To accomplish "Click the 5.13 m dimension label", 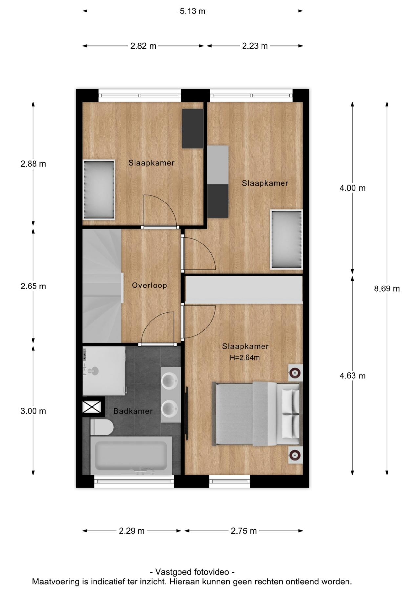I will [x=192, y=11].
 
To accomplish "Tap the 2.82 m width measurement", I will [x=143, y=46].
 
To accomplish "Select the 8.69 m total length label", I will [x=387, y=289].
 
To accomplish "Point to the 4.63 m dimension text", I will [x=352, y=376].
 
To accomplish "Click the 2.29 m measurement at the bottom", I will [x=132, y=531].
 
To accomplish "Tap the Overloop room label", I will [x=149, y=286].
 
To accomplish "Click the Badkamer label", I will [x=133, y=411].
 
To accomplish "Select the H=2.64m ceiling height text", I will [x=245, y=358].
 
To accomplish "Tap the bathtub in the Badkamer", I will [x=131, y=456].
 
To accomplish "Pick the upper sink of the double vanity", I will [x=171, y=382].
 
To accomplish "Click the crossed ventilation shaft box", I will [x=92, y=407].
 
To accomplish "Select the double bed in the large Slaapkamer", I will [x=258, y=414].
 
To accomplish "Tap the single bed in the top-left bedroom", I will [x=99, y=189].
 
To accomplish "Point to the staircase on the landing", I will [x=102, y=286].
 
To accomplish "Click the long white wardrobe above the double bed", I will [x=243, y=289].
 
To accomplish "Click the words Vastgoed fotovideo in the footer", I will [x=192, y=572].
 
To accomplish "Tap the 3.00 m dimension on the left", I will [x=33, y=411].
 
